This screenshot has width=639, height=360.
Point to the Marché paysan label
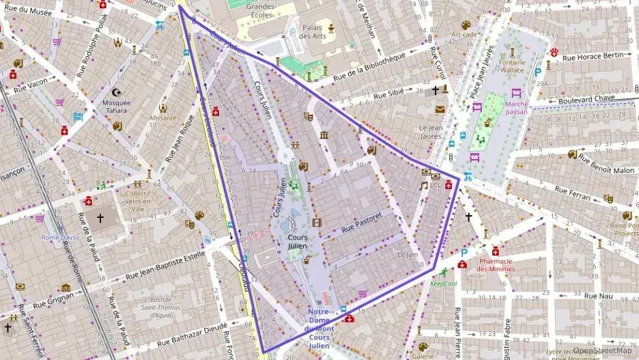click(517, 107)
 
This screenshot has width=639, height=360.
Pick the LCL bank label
click(435, 184)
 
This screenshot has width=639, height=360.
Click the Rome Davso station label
click(61, 237)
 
